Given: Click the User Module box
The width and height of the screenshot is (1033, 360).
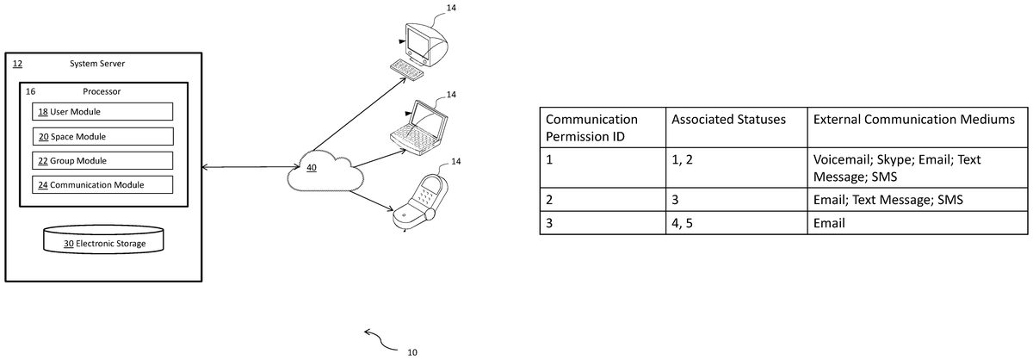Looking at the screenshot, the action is [102, 112].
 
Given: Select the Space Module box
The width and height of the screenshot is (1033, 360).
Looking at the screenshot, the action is [102, 137].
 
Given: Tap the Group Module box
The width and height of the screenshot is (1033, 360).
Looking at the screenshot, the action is [102, 160].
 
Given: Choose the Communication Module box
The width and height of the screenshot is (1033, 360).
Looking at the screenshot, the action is [102, 184].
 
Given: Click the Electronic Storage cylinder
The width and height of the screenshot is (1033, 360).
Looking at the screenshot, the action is [103, 239].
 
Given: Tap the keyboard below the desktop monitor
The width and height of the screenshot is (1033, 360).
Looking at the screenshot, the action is [408, 69].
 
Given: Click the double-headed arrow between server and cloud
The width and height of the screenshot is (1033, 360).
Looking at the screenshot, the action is [251, 166].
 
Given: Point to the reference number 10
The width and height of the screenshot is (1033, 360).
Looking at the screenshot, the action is [412, 352].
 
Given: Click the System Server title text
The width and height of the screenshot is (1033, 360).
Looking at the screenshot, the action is [97, 64].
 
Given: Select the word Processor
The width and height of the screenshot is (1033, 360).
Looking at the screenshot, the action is [102, 91].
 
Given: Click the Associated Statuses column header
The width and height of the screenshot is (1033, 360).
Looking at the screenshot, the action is [728, 120].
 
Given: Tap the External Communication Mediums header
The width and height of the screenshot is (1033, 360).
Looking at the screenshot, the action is [914, 120].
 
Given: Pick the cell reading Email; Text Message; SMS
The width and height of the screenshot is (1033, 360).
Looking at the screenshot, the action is [888, 200].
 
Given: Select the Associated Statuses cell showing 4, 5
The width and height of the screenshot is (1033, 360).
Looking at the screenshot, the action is [682, 223].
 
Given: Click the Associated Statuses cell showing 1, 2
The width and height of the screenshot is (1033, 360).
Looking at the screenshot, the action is [682, 159].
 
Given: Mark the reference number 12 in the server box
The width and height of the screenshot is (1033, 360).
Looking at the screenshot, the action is [17, 64].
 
